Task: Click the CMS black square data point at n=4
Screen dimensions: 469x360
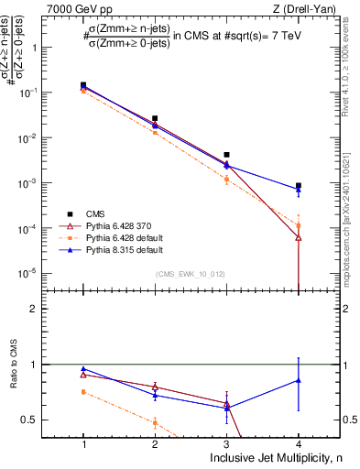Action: pos(299,186)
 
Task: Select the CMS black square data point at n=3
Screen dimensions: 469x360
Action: pos(226,155)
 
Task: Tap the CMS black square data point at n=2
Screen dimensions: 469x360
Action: pos(155,118)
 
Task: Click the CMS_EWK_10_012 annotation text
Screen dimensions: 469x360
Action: pos(191,274)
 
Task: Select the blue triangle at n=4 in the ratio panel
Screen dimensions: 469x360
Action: pos(299,379)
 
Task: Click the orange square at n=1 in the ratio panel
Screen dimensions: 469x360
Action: pos(83,392)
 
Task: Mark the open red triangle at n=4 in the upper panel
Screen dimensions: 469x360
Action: pos(299,237)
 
